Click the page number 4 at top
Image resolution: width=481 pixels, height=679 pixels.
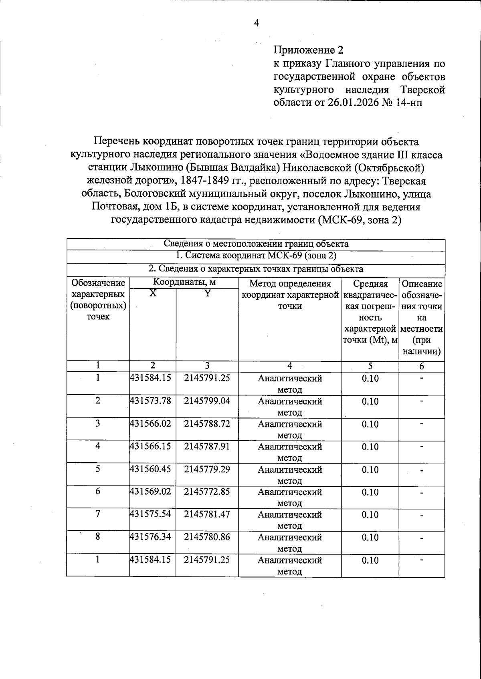257,23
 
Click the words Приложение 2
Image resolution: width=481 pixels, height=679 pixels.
308,50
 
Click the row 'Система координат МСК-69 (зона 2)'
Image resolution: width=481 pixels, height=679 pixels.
256,256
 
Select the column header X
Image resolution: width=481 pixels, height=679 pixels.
153,294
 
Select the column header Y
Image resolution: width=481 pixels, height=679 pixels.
207,294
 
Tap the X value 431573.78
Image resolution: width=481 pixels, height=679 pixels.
150,401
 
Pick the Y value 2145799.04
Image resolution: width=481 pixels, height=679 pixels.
207,401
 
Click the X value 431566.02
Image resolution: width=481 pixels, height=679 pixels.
150,423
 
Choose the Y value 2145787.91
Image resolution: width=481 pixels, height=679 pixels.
207,446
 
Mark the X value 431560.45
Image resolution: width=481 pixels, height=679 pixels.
150,469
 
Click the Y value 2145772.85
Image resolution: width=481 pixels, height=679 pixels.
207,492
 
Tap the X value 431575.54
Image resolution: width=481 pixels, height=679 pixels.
150,514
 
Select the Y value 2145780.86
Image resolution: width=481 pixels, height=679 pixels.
207,537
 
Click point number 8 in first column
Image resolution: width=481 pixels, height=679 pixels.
97,537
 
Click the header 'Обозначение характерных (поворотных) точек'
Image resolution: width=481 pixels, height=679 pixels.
98,300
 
